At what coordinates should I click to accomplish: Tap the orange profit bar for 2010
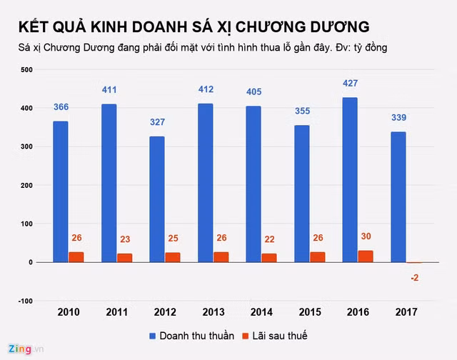[76, 257]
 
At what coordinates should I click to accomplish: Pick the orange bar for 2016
[366, 256]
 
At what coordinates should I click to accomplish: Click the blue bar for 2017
[398, 197]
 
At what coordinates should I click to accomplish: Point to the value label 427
[350, 84]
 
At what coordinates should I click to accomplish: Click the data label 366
[61, 107]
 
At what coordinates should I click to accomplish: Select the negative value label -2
[414, 277]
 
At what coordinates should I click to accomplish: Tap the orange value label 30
[366, 236]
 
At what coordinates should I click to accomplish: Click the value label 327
[157, 122]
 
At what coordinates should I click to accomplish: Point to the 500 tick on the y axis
[26, 70]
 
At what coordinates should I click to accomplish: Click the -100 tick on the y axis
[25, 301]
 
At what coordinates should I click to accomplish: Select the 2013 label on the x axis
[214, 313]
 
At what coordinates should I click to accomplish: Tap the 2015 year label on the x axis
[310, 313]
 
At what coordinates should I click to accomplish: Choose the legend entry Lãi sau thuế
[275, 335]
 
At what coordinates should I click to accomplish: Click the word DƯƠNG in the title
[335, 26]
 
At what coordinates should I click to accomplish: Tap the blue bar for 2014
[253, 184]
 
